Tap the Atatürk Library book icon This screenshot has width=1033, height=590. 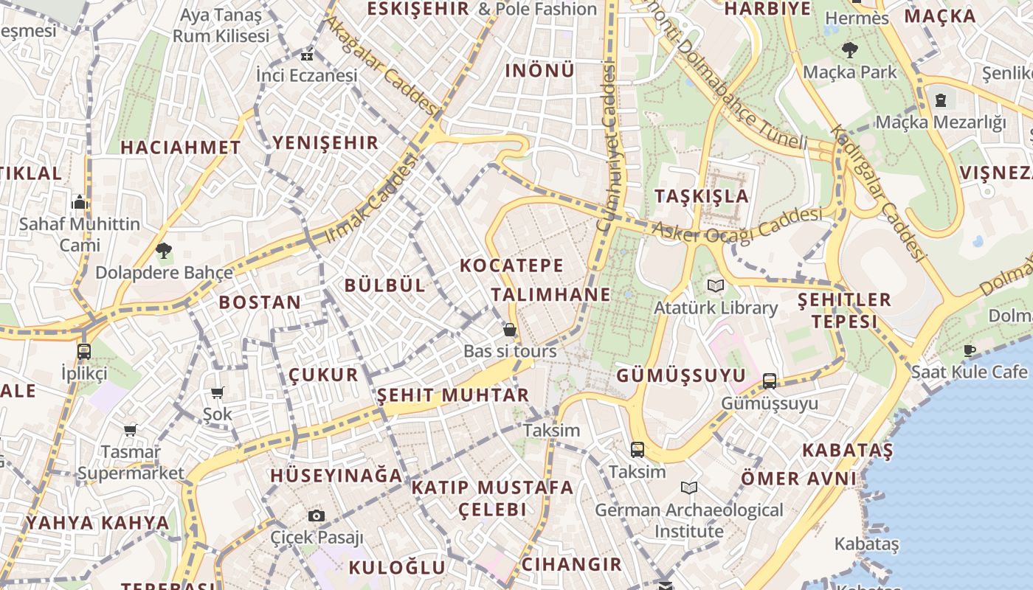tap(715, 285)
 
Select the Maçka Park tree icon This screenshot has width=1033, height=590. tap(849, 50)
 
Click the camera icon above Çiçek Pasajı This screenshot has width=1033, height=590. tap(317, 516)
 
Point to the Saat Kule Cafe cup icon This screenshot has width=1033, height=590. tap(970, 350)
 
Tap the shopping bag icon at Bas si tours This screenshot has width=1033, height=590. tap(509, 330)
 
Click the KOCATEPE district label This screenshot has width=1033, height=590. tap(511, 265)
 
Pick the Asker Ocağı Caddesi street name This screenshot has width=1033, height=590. tap(736, 225)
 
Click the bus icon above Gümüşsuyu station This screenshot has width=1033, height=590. tap(769, 381)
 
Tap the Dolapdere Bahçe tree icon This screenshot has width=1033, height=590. tap(164, 251)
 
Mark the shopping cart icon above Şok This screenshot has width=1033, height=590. tap(217, 393)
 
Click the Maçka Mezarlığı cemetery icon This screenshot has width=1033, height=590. tap(941, 100)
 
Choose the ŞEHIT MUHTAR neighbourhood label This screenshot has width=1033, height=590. tap(453, 395)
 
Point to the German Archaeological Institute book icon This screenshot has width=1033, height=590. tap(689, 487)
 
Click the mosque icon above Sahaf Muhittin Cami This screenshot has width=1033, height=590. tap(80, 202)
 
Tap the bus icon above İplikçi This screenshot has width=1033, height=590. tap(84, 351)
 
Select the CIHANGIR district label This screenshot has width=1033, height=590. tap(571, 565)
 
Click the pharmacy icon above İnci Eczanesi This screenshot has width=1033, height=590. tap(307, 55)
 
